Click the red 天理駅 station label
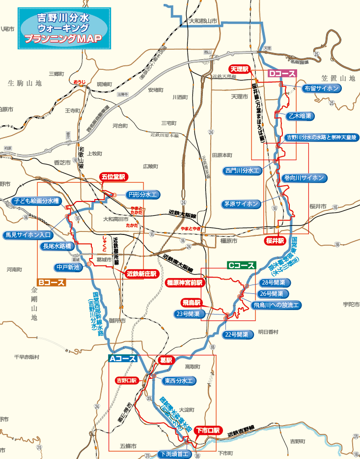click(241, 69)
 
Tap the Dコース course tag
click(282, 74)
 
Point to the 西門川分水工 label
click(242, 171)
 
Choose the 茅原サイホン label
click(241, 203)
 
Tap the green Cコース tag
click(241, 265)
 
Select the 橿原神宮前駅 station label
click(184, 283)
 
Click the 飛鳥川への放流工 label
click(277, 305)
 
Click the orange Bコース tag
click(51, 283)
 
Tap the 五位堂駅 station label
click(113, 176)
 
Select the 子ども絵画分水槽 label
click(36, 201)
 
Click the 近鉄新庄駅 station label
click(141, 273)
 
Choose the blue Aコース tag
click(123, 359)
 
